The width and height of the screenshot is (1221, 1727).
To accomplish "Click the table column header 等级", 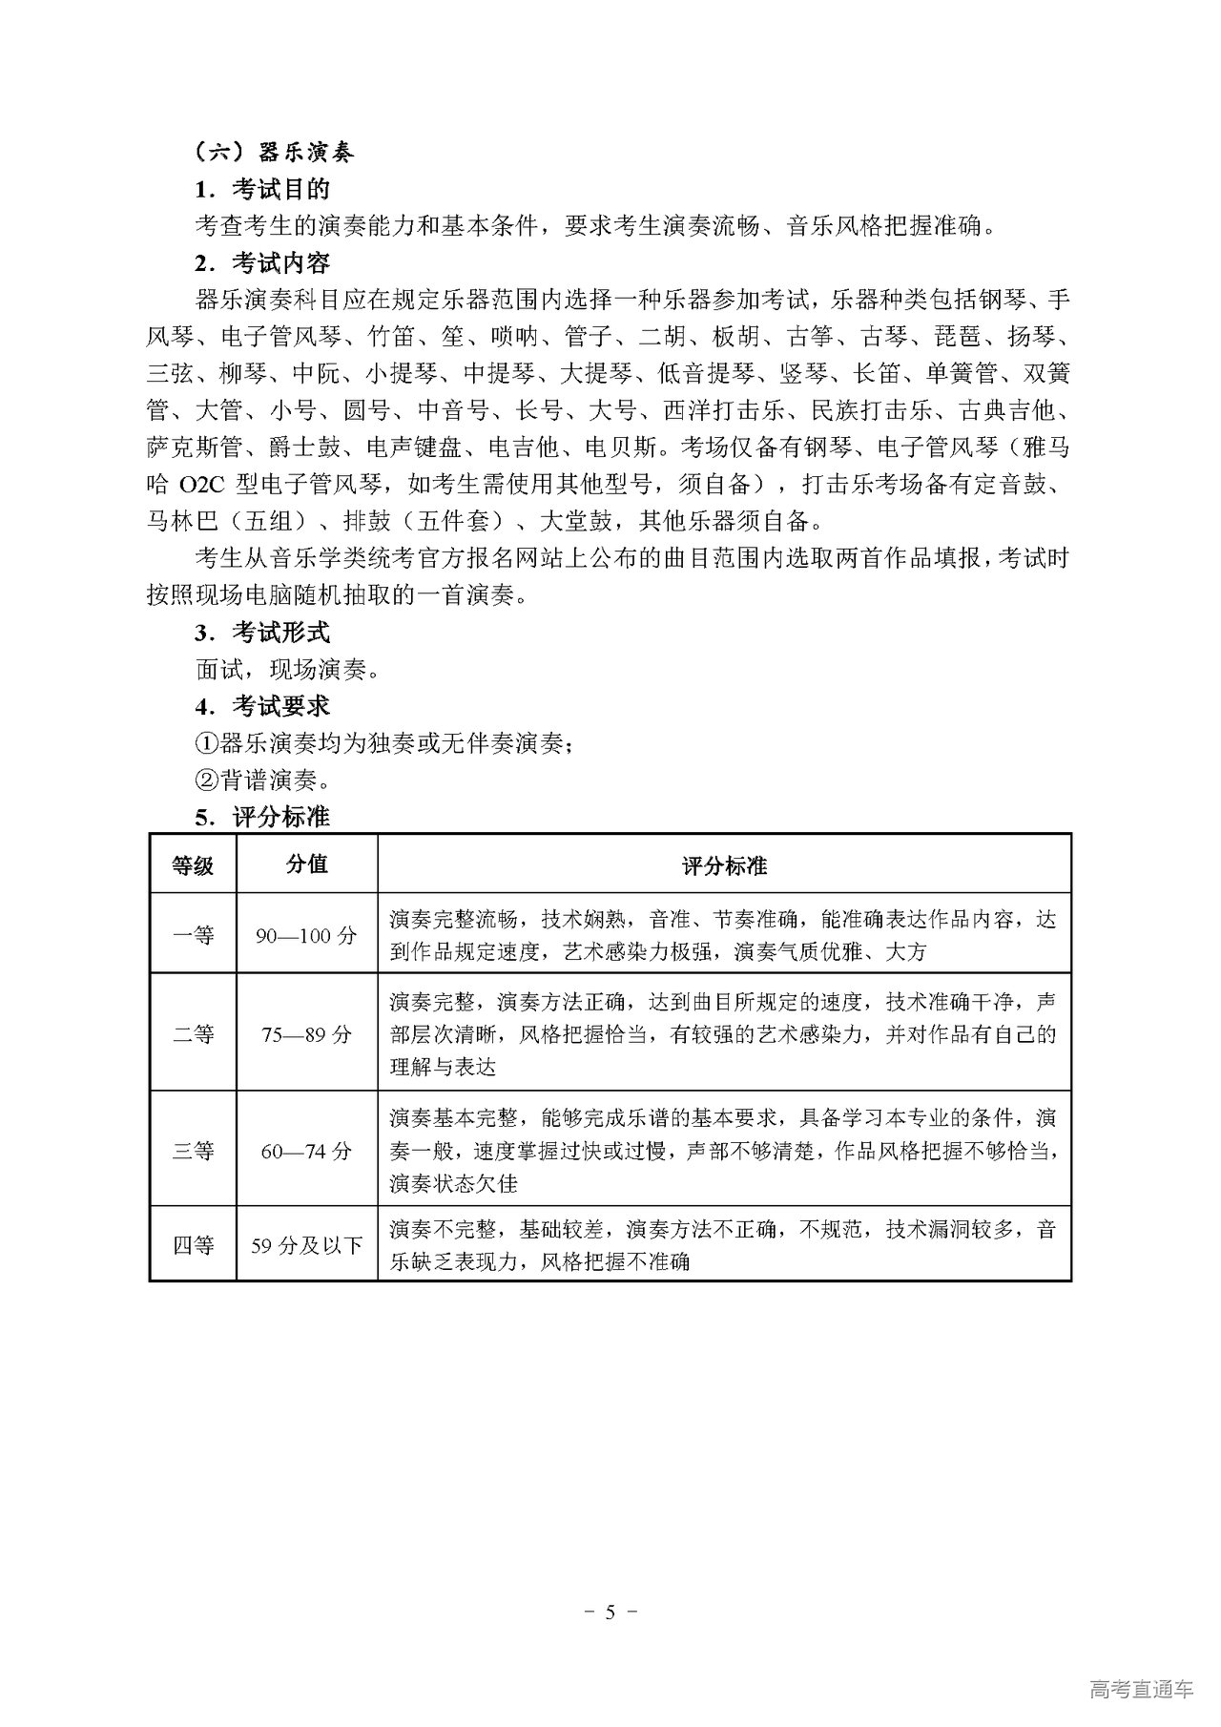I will (x=193, y=865).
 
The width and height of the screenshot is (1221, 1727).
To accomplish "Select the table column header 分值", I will (x=306, y=863).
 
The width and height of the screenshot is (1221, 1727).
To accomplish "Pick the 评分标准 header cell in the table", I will (x=724, y=865).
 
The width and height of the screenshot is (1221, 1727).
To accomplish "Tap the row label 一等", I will (x=193, y=935).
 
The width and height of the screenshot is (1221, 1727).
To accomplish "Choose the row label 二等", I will (x=193, y=1034).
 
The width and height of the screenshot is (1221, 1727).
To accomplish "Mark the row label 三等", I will (x=193, y=1151).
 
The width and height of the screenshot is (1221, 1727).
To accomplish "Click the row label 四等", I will (x=193, y=1245).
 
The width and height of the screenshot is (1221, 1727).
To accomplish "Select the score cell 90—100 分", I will (x=306, y=936).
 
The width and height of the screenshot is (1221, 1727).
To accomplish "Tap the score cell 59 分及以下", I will (x=306, y=1246).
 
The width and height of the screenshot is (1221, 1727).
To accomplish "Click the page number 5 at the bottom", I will (x=610, y=1613).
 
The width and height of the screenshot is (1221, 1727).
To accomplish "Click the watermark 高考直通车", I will (x=1140, y=1689).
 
